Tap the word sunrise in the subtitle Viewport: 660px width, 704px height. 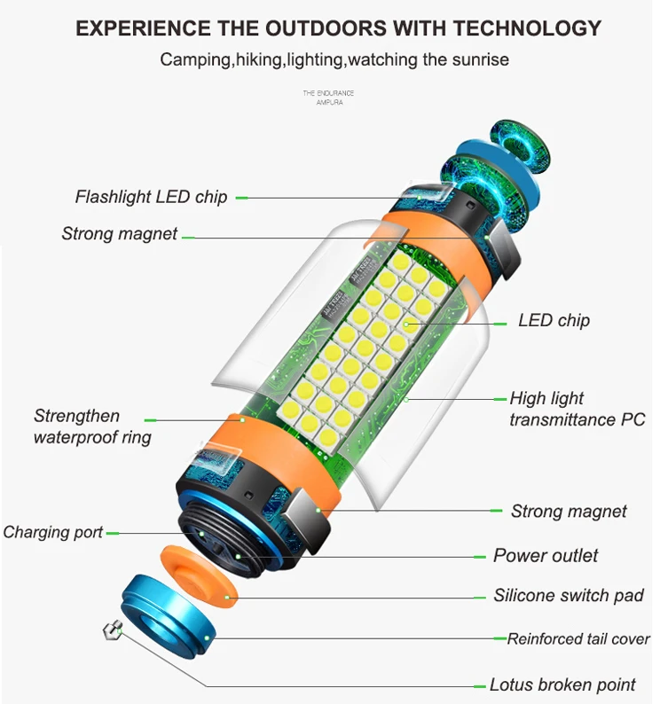479,60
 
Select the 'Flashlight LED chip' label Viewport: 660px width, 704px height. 151,197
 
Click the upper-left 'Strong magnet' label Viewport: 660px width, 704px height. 120,234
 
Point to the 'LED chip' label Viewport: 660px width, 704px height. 554,320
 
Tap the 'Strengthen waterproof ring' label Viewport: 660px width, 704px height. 92,426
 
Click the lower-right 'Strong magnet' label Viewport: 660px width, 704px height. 569,511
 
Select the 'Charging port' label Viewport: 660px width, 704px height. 53,532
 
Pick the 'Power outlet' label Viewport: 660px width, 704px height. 546,556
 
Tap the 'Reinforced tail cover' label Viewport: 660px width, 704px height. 578,638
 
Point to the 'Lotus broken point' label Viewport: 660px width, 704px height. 562,684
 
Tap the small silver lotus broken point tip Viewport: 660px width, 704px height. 112,631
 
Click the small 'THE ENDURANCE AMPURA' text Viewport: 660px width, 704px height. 328,98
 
